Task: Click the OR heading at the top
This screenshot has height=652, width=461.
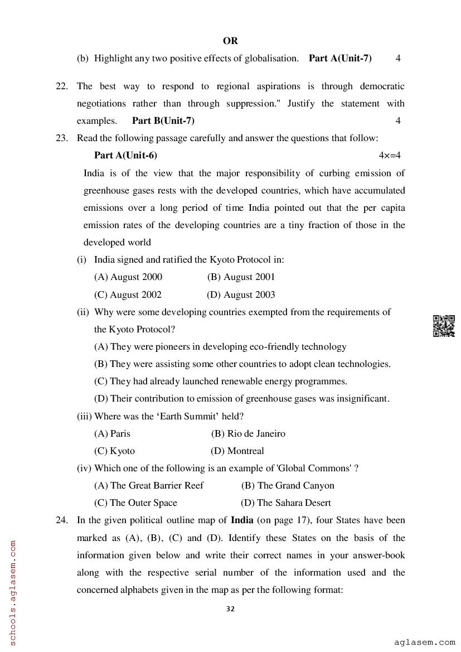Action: tap(230, 41)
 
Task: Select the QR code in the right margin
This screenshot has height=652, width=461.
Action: tap(444, 326)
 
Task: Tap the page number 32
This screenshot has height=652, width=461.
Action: tap(230, 608)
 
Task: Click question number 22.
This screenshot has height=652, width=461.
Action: tap(62, 86)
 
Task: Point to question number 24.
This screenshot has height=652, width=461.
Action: tap(62, 520)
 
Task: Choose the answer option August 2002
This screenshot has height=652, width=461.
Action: tap(128, 294)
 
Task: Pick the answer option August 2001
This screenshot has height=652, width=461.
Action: tap(241, 277)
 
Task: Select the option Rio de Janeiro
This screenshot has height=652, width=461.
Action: tap(249, 433)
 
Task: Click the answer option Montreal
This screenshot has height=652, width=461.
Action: tap(238, 451)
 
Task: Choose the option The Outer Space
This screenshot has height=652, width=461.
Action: tap(136, 503)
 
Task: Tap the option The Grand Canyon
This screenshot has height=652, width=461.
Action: tap(288, 485)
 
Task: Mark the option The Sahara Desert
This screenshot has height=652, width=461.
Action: tap(286, 503)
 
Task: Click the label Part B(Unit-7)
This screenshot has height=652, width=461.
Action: tap(163, 120)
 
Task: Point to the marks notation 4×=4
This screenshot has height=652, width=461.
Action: tap(390, 156)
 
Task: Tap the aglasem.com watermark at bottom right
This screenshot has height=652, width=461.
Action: tap(424, 643)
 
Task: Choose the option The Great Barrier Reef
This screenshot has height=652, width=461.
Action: tap(149, 485)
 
